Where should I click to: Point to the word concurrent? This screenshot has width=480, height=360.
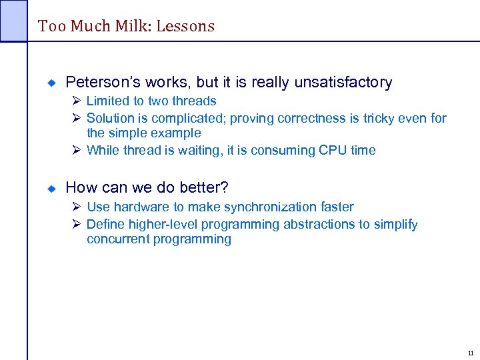pos(117,239)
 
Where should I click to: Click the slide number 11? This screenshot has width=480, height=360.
pos(471,353)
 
